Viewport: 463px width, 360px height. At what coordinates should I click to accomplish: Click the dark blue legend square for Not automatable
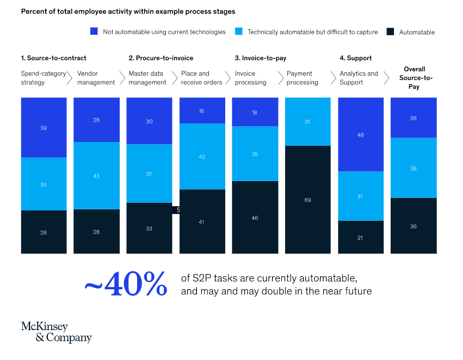[94, 32]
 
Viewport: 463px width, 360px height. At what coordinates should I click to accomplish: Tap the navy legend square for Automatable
[390, 32]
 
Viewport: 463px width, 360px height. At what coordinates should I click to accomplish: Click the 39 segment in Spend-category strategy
[44, 128]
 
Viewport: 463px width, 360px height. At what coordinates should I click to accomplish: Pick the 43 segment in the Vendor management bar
[96, 176]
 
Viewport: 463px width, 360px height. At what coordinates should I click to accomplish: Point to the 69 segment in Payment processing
[307, 200]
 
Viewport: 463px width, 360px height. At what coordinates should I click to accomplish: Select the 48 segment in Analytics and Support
[360, 135]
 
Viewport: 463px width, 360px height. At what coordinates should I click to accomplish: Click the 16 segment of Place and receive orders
[201, 111]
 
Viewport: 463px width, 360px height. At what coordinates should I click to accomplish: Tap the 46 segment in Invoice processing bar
[255, 218]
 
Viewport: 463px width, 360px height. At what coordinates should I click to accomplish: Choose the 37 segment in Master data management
[149, 174]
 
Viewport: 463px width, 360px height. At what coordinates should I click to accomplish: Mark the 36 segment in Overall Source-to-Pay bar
[413, 226]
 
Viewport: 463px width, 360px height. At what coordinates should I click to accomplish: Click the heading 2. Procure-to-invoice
[160, 58]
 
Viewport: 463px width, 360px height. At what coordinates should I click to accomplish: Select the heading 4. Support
[356, 58]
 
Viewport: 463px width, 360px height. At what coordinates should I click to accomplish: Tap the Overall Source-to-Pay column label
[414, 78]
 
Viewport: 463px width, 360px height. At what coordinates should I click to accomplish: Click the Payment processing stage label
[303, 78]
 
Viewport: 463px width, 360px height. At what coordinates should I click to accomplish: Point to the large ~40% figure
[126, 284]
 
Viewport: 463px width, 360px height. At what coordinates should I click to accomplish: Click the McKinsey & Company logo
[56, 332]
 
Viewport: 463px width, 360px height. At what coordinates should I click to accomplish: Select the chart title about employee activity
[128, 11]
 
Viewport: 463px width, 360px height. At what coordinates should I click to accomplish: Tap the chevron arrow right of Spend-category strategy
[69, 78]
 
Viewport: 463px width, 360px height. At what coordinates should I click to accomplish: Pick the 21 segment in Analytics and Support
[360, 238]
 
